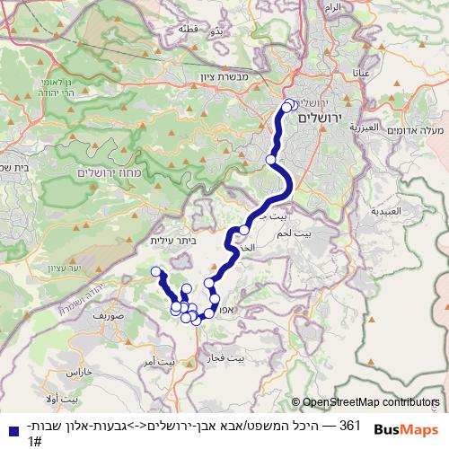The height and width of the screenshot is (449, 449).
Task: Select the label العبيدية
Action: click(x=387, y=212)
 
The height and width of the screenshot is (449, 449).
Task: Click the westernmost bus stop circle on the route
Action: click(x=156, y=272)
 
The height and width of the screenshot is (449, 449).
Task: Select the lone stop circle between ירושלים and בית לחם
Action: click(x=271, y=161)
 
